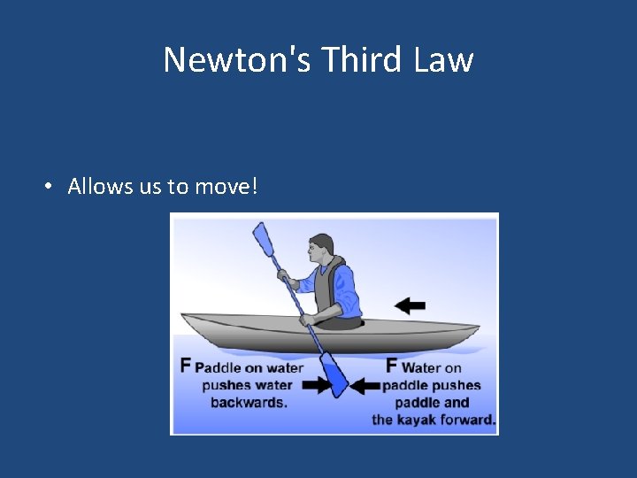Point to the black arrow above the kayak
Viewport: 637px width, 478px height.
point(410,305)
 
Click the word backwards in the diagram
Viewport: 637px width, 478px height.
point(249,402)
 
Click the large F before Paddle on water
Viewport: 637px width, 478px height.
point(186,365)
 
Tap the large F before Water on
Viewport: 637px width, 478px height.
point(392,365)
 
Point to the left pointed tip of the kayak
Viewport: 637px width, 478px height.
point(182,316)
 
